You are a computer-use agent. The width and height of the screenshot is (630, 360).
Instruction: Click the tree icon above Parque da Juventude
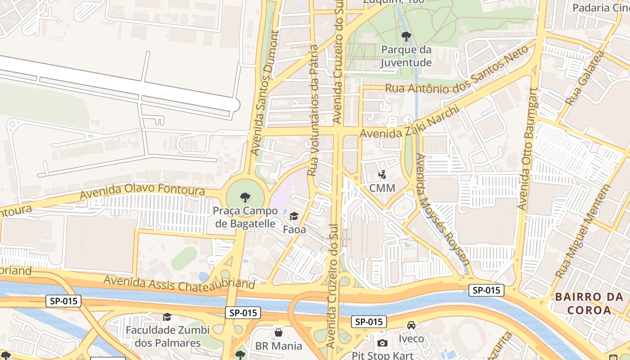(x=406, y=36)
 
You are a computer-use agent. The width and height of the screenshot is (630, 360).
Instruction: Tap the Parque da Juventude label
(x=406, y=56)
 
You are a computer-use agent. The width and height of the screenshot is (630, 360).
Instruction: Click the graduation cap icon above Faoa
(x=294, y=216)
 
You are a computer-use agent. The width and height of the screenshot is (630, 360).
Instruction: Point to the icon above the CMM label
(x=382, y=174)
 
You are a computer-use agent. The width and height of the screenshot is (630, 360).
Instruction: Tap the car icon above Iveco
(x=411, y=325)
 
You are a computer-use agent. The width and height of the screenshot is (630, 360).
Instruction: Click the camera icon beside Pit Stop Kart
(x=382, y=343)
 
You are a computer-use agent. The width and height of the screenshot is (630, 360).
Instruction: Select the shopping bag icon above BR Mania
(x=279, y=333)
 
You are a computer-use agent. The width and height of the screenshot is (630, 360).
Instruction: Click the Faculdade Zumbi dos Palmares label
(x=167, y=336)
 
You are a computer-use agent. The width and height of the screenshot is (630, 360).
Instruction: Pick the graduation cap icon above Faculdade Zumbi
(x=167, y=317)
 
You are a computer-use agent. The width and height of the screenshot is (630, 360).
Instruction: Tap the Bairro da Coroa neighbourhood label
(x=589, y=303)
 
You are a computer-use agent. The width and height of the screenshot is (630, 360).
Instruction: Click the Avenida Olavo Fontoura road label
(x=142, y=191)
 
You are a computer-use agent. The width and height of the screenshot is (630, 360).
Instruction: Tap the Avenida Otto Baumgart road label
(x=527, y=148)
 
